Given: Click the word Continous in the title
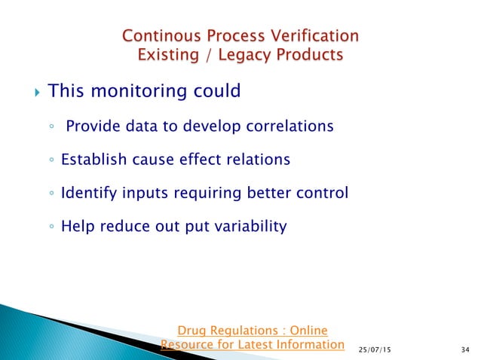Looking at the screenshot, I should click(x=158, y=35).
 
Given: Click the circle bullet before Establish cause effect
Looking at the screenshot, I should click(x=50, y=160).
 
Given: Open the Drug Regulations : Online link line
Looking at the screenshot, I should click(x=252, y=331).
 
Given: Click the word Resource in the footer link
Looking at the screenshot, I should click(x=189, y=345).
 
